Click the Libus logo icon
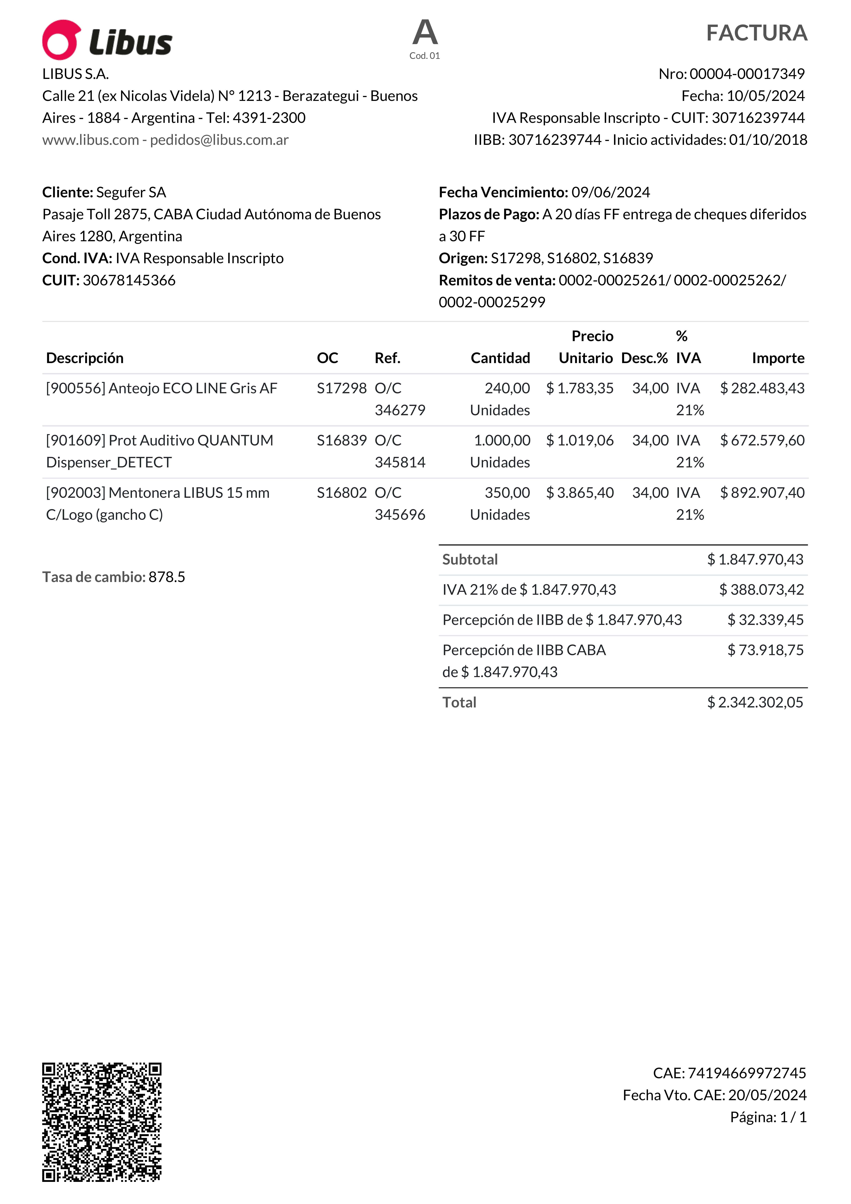61,40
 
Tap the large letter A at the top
425,32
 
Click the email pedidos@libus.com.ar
219,140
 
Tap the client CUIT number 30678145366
129,281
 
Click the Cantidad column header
500,358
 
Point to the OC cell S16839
341,440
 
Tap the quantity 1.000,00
502,440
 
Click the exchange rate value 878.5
167,577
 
